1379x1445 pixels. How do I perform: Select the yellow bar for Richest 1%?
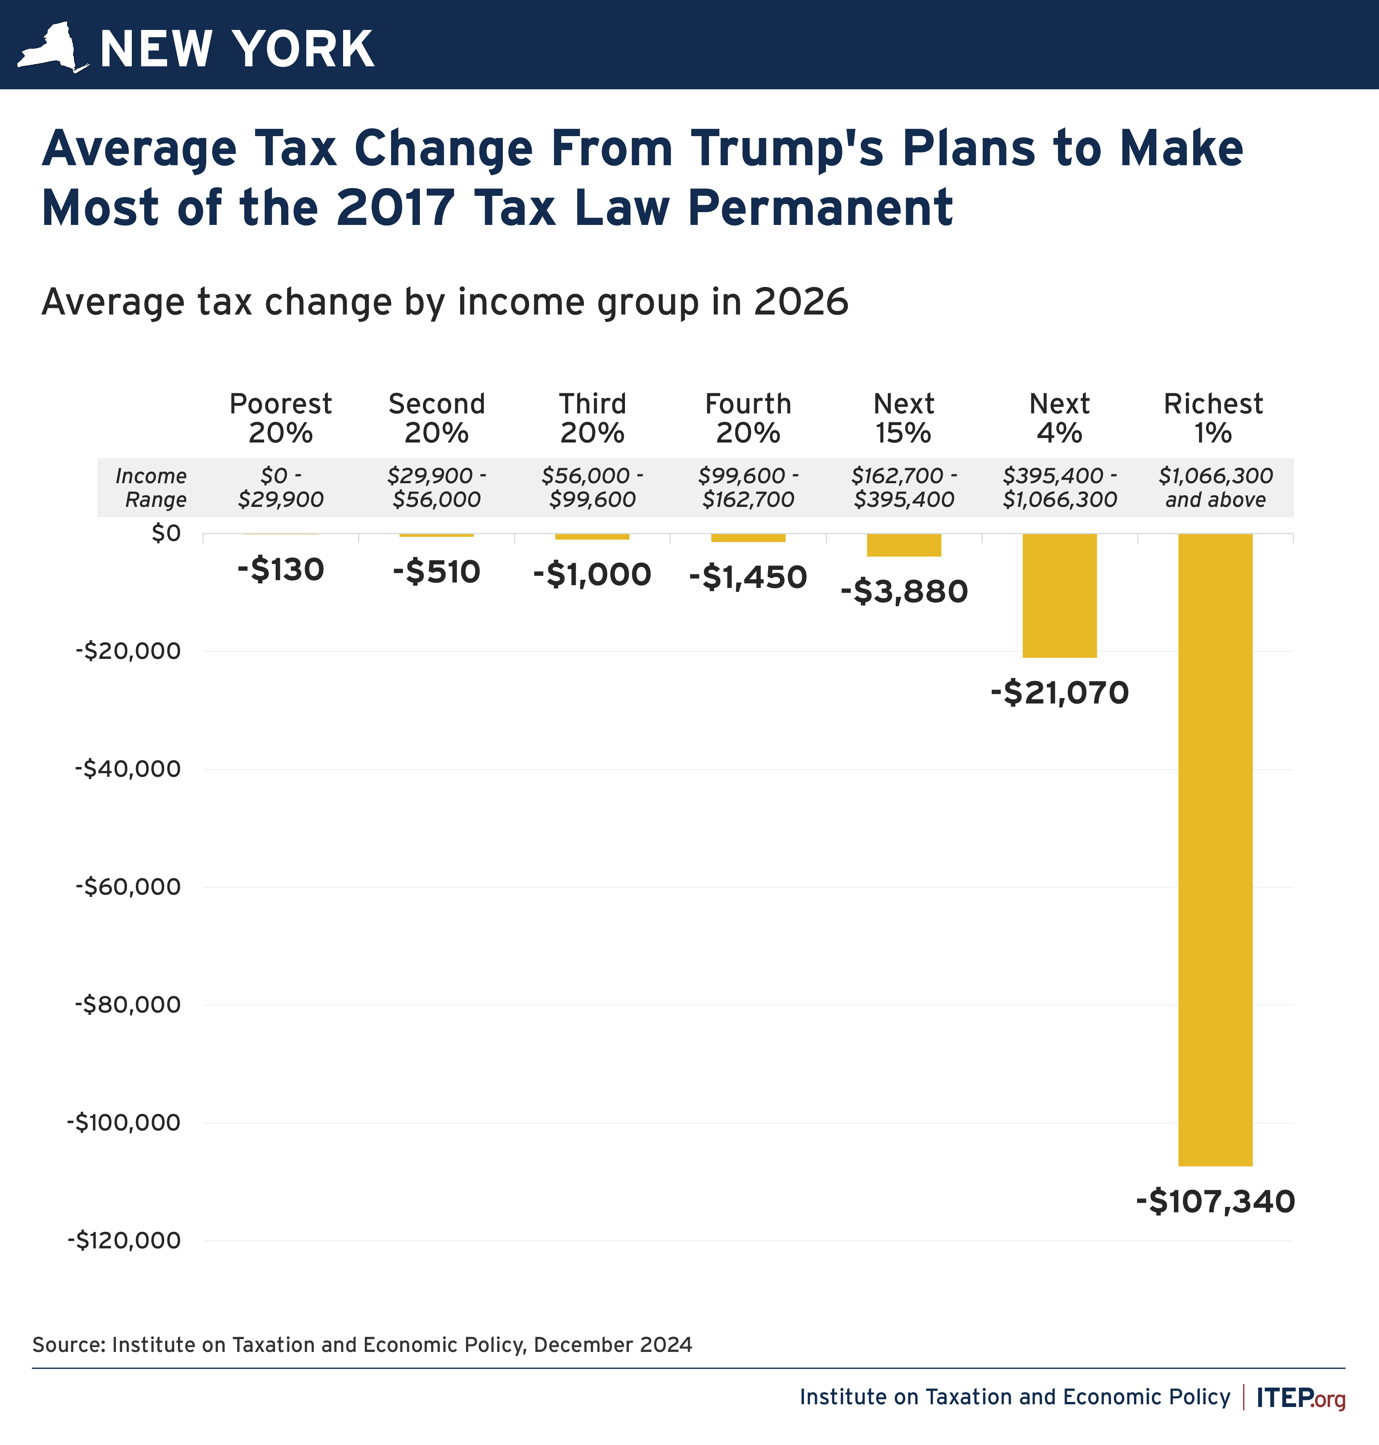[1215, 849]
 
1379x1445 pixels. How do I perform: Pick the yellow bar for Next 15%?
[903, 545]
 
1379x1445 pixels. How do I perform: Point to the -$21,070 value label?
[1059, 693]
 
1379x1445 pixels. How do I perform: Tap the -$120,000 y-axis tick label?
[124, 1241]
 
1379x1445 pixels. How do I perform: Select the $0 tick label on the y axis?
[166, 533]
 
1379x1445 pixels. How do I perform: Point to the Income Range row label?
[152, 487]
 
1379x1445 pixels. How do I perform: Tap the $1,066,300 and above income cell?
[1215, 487]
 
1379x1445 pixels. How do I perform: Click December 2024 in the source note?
[612, 1345]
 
